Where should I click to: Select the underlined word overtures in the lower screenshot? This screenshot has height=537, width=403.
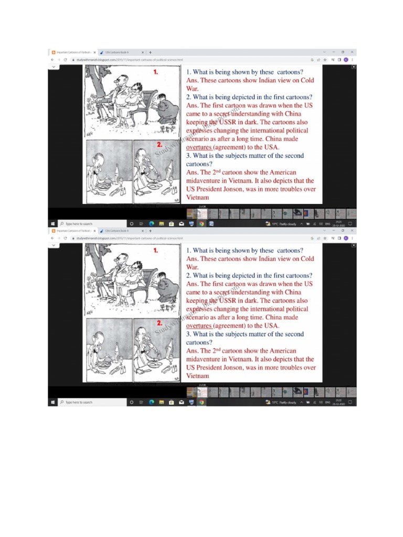(x=199, y=326)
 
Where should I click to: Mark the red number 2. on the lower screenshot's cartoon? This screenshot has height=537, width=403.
(x=159, y=323)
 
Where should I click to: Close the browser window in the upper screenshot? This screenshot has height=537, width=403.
(x=353, y=52)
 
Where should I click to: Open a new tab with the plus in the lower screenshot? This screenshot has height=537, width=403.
(x=150, y=230)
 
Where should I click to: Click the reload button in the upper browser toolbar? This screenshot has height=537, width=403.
(x=65, y=60)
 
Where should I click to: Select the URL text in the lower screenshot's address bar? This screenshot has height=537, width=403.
(x=129, y=238)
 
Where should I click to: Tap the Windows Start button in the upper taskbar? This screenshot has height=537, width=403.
(x=52, y=224)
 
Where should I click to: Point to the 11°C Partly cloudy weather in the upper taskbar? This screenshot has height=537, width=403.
(x=283, y=224)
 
